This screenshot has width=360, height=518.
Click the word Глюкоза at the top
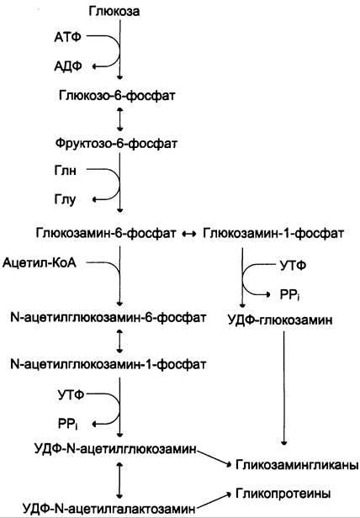point(114,12)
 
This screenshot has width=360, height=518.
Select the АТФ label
point(68,37)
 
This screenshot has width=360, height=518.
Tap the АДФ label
point(68,66)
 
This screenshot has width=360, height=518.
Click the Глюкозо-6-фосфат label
point(117,96)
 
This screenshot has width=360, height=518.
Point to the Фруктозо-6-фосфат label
point(116,144)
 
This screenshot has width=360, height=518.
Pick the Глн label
point(65,171)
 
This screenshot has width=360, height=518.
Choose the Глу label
point(65,199)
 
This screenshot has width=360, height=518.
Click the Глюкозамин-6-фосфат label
point(106,233)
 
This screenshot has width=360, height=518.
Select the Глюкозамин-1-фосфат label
point(273,233)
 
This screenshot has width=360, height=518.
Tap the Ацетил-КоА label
point(40,263)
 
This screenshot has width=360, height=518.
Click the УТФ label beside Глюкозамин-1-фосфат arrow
point(293,265)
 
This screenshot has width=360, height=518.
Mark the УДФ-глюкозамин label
point(280,320)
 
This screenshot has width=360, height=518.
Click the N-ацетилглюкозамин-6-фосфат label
point(109,318)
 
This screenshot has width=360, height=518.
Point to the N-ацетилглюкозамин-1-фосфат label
point(109,364)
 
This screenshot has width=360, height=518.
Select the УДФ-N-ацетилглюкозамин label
point(115,449)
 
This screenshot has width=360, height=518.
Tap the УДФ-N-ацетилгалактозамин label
point(109,508)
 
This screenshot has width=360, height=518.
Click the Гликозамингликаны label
point(297,465)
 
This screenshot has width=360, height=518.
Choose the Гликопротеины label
point(283,494)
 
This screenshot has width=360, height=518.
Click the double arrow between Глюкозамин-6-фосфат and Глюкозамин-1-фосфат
point(189,234)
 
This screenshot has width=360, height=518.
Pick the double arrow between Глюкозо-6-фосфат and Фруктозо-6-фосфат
point(119,119)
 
